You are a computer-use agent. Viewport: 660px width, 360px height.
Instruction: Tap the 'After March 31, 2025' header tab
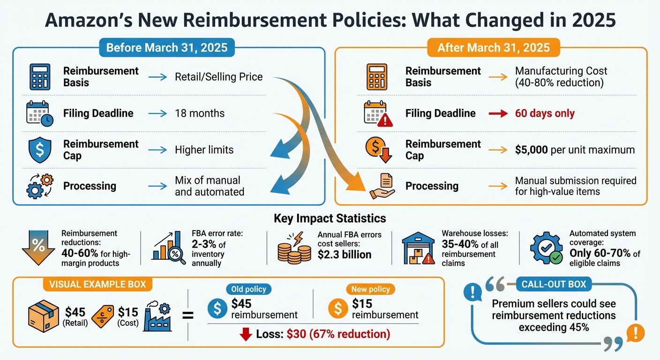(x=493, y=48)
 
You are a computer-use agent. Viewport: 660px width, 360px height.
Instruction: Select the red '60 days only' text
(x=545, y=113)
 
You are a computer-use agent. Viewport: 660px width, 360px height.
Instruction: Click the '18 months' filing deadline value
(x=200, y=113)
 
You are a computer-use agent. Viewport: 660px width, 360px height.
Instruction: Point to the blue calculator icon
(x=40, y=77)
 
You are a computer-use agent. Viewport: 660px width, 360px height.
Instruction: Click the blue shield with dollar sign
(x=40, y=150)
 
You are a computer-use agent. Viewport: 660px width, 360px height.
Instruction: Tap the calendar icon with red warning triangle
(x=378, y=114)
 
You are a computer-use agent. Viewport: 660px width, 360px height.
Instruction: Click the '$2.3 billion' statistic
(x=345, y=255)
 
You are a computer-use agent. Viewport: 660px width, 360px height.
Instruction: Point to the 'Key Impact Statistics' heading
(x=330, y=218)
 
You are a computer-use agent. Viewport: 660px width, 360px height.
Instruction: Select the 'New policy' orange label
(x=370, y=289)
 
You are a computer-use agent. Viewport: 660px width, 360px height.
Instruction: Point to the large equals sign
(x=187, y=315)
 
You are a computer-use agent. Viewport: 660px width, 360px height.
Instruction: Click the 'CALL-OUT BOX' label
(x=554, y=284)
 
